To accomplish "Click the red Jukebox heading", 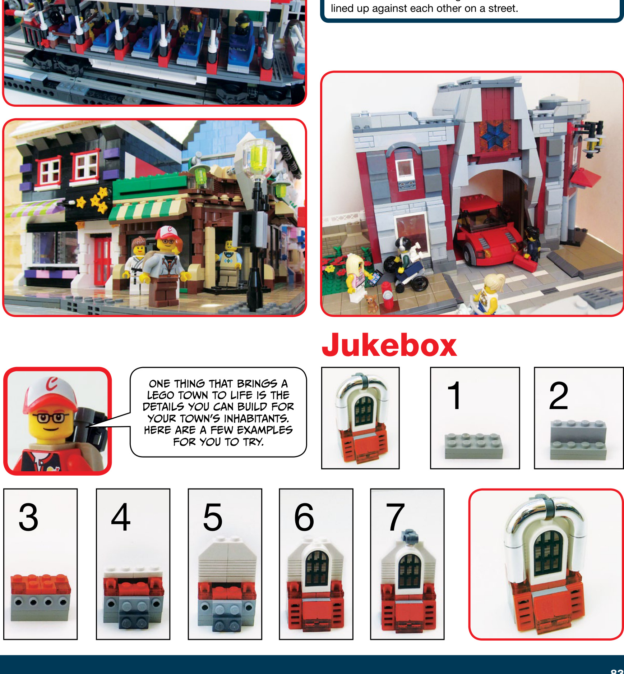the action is point(389,345).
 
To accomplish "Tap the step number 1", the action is point(454,395).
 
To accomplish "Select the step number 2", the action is point(559,395).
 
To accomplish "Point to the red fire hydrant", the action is point(387,295).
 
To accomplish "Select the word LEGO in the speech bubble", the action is point(161,395).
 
